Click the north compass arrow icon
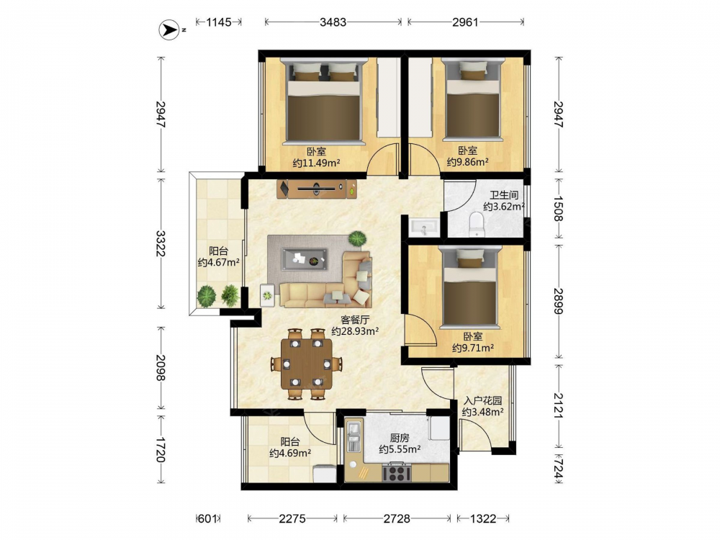pyautogui.click(x=169, y=30)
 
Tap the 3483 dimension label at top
pyautogui.click(x=333, y=22)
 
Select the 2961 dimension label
pyautogui.click(x=465, y=22)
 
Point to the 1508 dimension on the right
pyautogui.click(x=558, y=209)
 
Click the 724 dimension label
pyautogui.click(x=558, y=469)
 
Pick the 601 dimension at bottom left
pyautogui.click(x=207, y=518)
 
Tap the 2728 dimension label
pyautogui.click(x=397, y=518)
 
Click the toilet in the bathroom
pyautogui.click(x=477, y=225)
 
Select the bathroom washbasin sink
pyautogui.click(x=423, y=228)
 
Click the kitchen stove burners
pyautogui.click(x=396, y=472)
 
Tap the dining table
pyautogui.click(x=306, y=363)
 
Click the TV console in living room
pyautogui.click(x=318, y=189)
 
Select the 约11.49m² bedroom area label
pyautogui.click(x=316, y=163)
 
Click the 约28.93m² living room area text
pyautogui.click(x=355, y=330)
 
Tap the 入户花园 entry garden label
pyautogui.click(x=483, y=401)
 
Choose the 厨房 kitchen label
pyautogui.click(x=400, y=438)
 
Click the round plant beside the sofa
pyautogui.click(x=357, y=239)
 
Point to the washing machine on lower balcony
pyautogui.click(x=325, y=474)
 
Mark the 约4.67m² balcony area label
pyautogui.click(x=219, y=263)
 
